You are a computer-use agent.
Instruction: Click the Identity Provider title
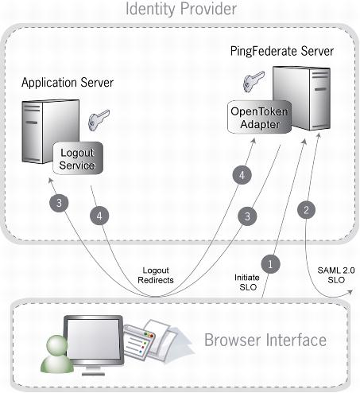[x=181, y=9]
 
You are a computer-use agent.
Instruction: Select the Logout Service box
[x=78, y=158]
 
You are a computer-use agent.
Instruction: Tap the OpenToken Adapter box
[x=259, y=118]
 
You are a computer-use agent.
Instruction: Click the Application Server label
[x=68, y=83]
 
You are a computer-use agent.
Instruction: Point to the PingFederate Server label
[x=282, y=52]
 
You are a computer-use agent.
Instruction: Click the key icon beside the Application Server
[x=99, y=119]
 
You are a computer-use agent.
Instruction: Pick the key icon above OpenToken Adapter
[x=254, y=81]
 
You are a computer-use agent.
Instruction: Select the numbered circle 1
[x=270, y=264]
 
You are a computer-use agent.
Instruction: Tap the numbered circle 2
[x=307, y=210]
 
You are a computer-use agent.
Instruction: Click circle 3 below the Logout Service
[x=59, y=203]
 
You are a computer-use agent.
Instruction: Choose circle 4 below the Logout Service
[x=99, y=216]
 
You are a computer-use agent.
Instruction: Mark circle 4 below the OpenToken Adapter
[x=242, y=175]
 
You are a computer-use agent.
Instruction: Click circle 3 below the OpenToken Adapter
[x=247, y=216]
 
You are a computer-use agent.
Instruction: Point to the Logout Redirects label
[x=156, y=275]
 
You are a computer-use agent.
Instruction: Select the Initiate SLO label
[x=247, y=282]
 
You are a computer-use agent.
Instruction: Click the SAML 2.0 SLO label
[x=336, y=275]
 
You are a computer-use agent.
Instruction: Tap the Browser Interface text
[x=265, y=340]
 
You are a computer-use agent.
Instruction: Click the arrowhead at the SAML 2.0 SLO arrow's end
[x=350, y=292]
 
